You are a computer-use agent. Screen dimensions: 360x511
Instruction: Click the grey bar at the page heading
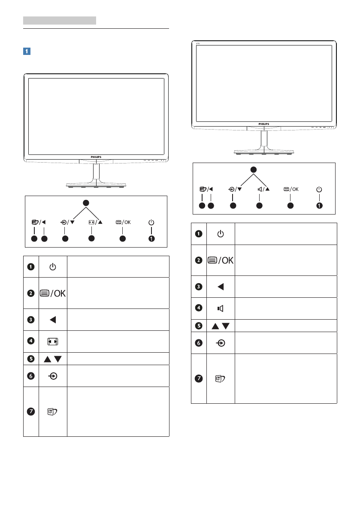[x=59, y=20]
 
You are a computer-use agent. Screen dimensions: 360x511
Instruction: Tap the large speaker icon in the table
[x=220, y=308]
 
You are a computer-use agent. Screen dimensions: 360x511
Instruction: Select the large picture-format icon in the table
[x=52, y=342]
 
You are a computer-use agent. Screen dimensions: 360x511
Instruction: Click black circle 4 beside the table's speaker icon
[x=199, y=308]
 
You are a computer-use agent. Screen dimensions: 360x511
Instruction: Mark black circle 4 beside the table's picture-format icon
[x=31, y=342]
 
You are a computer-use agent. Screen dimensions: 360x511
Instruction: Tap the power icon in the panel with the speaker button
[x=319, y=189]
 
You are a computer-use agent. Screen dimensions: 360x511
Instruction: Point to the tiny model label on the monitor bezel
[x=199, y=43]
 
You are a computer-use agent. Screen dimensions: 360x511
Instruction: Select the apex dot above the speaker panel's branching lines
[x=253, y=169]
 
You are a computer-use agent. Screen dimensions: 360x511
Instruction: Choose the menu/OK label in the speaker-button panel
[x=290, y=189]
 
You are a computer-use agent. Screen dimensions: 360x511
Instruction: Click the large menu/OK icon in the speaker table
[x=220, y=260]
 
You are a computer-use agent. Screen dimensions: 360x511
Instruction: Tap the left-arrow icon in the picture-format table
[x=52, y=320]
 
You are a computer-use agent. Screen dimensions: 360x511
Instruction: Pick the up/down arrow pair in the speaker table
[x=220, y=325]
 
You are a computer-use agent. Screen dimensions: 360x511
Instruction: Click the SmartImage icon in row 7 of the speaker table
[x=220, y=378]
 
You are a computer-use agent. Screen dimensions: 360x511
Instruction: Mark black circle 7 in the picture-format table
[x=31, y=411]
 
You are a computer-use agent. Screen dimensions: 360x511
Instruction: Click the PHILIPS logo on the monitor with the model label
[x=263, y=124]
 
